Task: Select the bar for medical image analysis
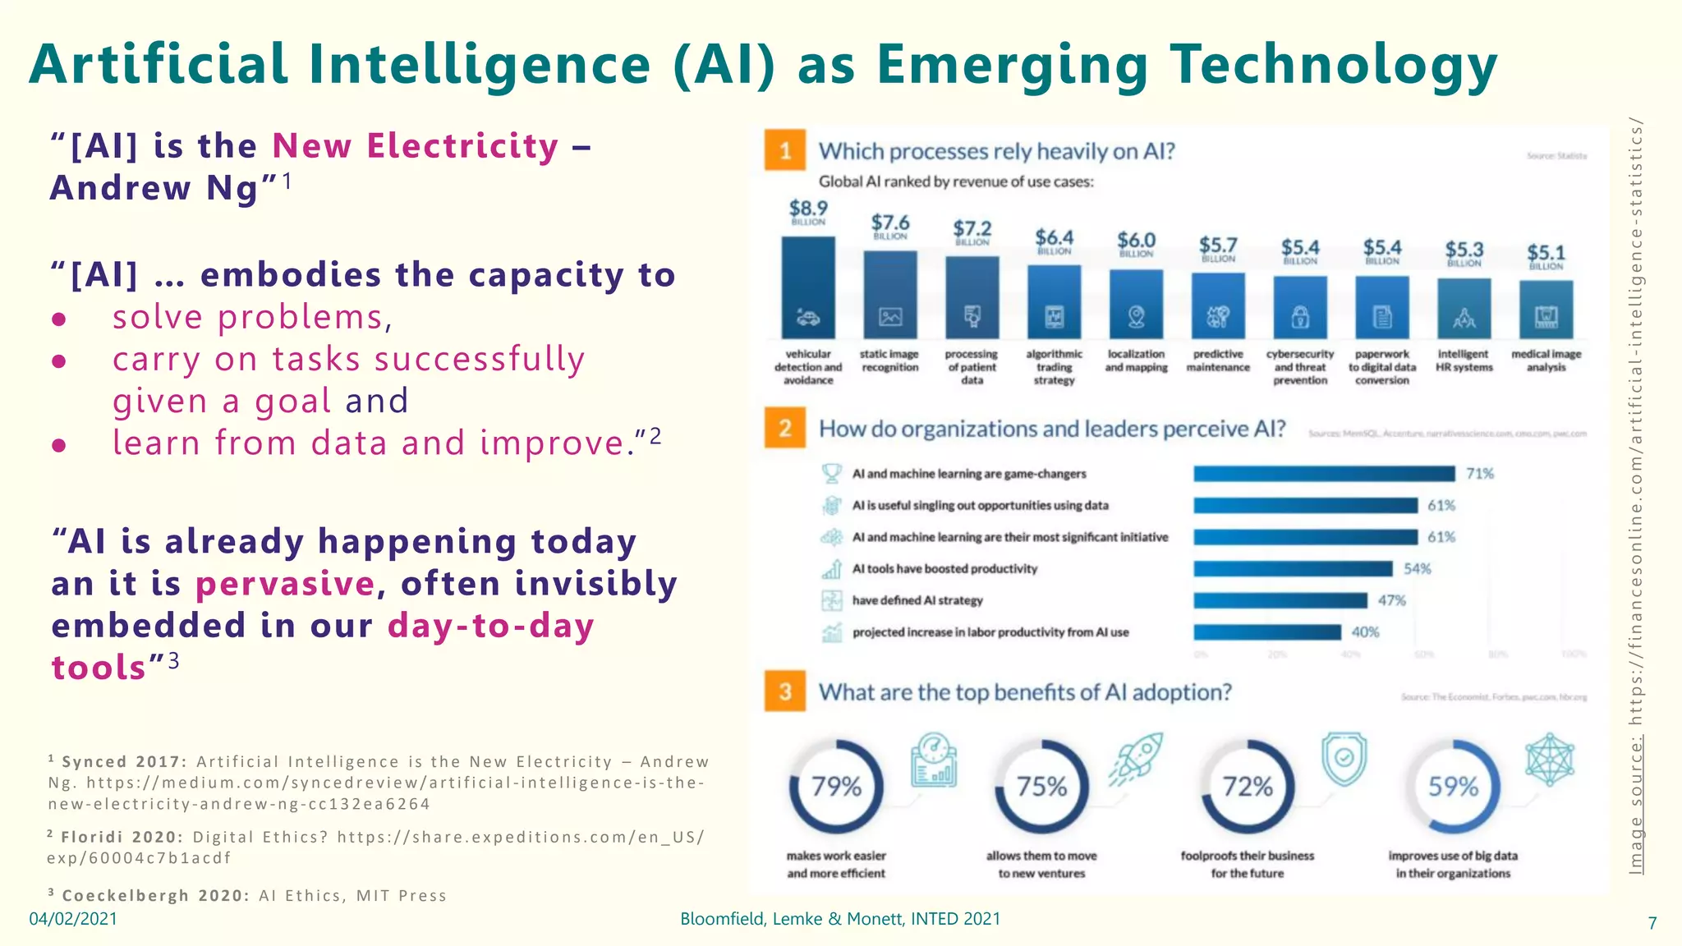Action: coord(1546,309)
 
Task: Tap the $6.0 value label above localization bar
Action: coord(1136,241)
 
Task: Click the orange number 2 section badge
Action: coord(784,428)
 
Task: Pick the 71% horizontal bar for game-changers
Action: coord(1324,474)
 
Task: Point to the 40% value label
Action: coord(1365,631)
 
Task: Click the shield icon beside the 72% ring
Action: coord(1344,758)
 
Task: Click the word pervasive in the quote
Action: coord(285,584)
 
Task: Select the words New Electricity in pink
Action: coord(416,146)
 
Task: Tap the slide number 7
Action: coord(1652,923)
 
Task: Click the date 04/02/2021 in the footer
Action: coord(73,919)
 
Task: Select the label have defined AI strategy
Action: coord(917,600)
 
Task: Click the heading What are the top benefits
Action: coord(1025,692)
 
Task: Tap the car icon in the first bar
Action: coord(808,317)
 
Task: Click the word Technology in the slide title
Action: coord(1334,64)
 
